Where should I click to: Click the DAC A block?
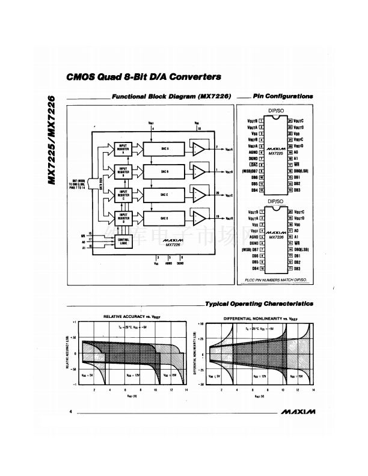pyautogui.click(x=164, y=148)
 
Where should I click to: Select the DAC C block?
pyautogui.click(x=164, y=194)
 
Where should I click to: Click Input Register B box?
pyautogui.click(x=123, y=171)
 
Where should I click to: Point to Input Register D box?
pyautogui.click(x=123, y=218)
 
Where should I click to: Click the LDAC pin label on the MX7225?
pyautogui.click(x=253, y=164)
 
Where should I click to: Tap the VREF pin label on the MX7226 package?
pyautogui.click(x=253, y=231)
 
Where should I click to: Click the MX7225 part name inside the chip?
pyautogui.click(x=276, y=153)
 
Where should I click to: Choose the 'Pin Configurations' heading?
pyautogui.click(x=282, y=96)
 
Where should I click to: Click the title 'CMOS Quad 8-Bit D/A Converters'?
pyautogui.click(x=144, y=77)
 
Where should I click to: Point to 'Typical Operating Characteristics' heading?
pyautogui.click(x=259, y=304)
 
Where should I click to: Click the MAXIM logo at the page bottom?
pyautogui.click(x=297, y=413)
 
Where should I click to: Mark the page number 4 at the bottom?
pyautogui.click(x=70, y=412)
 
